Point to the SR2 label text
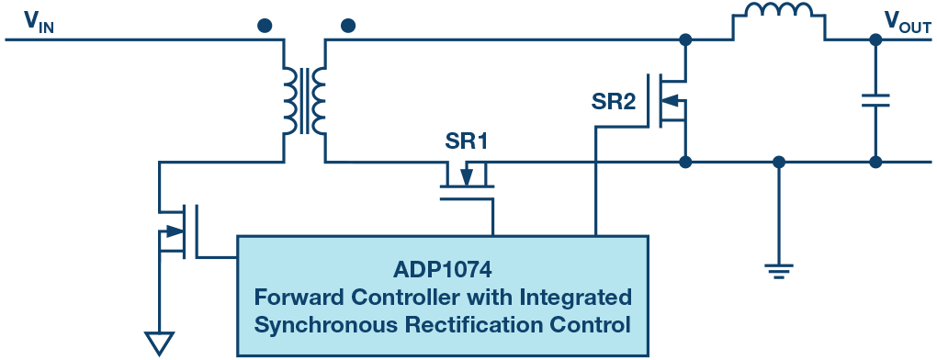coord(613,103)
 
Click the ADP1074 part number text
coord(443,272)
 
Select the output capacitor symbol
coord(875,100)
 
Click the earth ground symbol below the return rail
coord(778,269)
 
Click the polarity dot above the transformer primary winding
coord(265,25)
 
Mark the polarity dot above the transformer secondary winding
coord(346,25)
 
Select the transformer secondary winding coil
coord(319,101)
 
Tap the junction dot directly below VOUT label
coord(875,40)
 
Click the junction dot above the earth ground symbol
coord(778,163)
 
